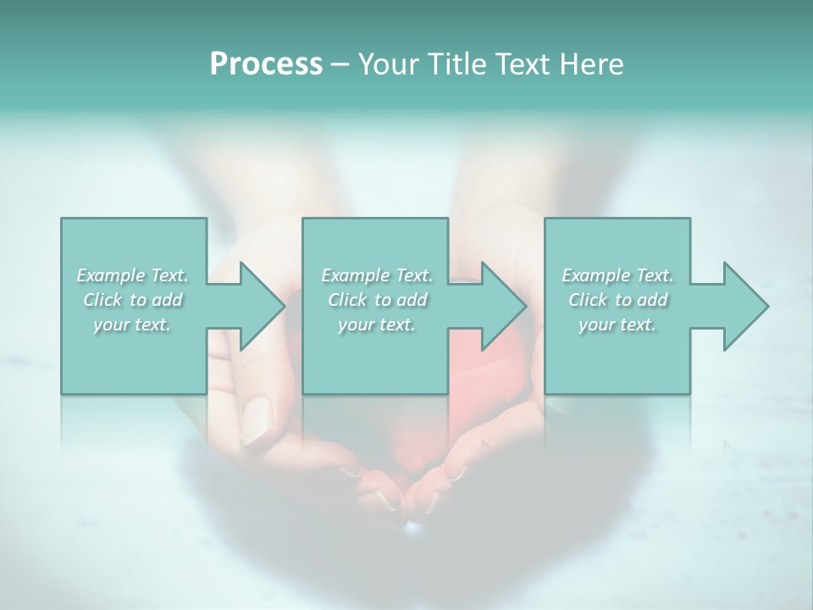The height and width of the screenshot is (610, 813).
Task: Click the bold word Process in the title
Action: click(266, 64)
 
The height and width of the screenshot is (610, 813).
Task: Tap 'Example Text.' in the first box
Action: click(132, 275)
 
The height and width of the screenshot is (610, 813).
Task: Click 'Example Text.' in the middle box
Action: click(377, 275)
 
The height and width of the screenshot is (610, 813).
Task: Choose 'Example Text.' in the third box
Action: click(617, 275)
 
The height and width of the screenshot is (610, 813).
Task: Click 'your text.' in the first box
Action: click(132, 324)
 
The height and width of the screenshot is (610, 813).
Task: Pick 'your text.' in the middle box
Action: click(377, 324)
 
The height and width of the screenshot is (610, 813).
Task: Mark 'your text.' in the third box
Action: click(617, 324)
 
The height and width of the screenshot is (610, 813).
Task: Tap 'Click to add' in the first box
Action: click(132, 300)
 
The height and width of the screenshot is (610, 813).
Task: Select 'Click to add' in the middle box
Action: click(377, 300)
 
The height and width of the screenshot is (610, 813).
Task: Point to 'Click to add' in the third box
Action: click(617, 300)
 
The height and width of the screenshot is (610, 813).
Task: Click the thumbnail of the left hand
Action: click(259, 413)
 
